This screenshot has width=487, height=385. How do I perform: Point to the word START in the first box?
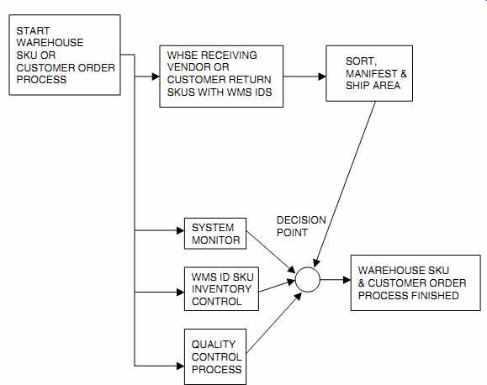33,31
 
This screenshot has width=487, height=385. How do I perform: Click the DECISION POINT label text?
301,226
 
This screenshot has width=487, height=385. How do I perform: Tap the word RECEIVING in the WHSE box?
230,55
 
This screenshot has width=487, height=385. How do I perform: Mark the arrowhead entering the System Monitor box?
181,230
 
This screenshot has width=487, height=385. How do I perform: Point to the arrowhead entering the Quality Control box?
181,366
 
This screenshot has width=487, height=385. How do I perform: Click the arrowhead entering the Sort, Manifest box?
322,76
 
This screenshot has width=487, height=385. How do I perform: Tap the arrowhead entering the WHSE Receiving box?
156,76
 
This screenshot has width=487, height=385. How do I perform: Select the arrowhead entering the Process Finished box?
347,280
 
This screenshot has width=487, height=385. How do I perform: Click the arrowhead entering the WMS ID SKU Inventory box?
181,293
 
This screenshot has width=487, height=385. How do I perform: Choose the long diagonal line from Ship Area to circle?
345,184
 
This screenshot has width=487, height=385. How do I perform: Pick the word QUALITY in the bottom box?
214,345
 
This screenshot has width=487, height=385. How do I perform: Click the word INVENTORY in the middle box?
221,289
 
